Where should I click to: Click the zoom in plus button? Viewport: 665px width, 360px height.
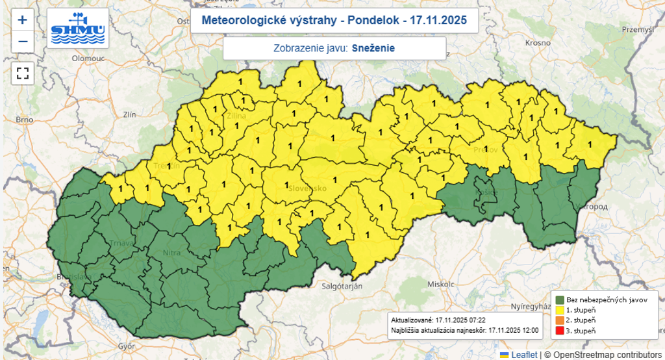23,19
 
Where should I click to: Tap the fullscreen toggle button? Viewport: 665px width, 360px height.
23,72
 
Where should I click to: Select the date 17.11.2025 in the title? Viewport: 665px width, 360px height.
440,21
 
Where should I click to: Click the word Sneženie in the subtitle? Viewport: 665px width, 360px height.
373,48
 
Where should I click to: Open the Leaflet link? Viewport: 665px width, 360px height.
523,355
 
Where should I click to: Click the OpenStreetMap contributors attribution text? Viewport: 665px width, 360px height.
601,355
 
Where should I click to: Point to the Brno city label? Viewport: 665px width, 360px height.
24,120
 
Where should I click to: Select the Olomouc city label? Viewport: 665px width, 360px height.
88,58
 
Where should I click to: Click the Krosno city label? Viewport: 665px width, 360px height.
538,42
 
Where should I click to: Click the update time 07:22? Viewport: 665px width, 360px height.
477,320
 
